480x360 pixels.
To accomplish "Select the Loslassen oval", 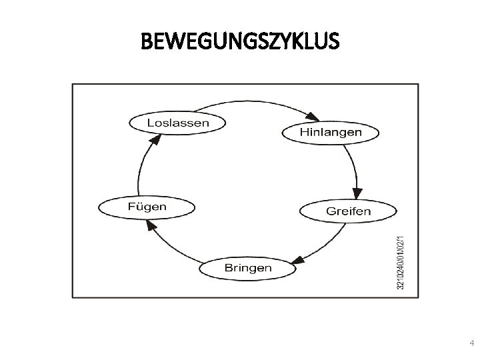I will (177, 122).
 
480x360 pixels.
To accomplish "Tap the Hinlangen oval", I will (331, 132).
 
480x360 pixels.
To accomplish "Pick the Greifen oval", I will (348, 211).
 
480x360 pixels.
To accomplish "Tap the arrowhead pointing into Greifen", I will (358, 194).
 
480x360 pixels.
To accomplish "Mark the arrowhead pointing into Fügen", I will (151, 225).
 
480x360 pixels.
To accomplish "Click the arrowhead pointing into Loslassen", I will (156, 139).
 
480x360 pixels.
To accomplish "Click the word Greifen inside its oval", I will (348, 211).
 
